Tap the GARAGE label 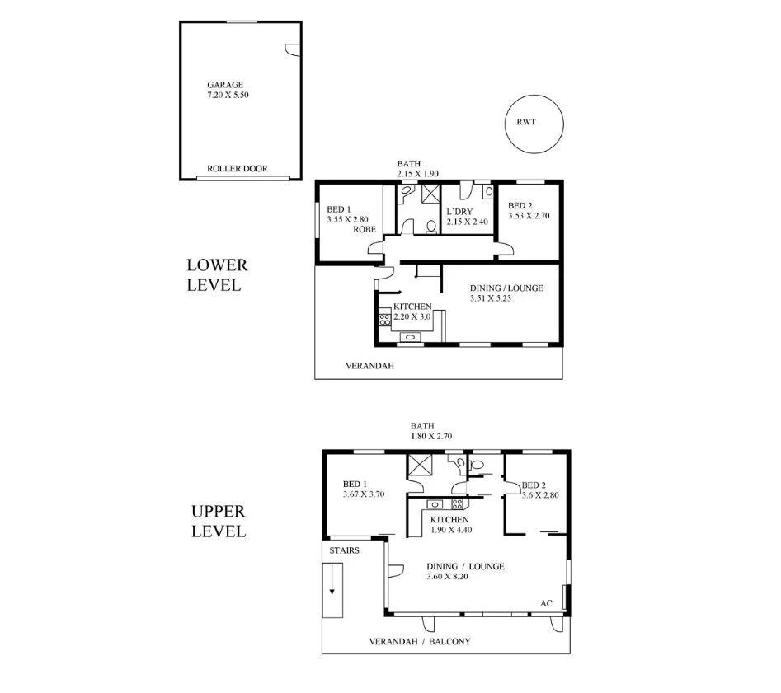click(226, 85)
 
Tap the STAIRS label click(344, 550)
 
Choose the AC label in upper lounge click(545, 603)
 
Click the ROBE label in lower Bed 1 click(365, 231)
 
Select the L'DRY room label click(459, 210)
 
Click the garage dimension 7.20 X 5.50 click(228, 96)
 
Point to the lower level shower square click(431, 194)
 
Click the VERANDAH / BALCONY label click(419, 641)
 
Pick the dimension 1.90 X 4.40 click(449, 530)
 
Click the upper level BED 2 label click(534, 485)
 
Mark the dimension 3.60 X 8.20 click(454, 577)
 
